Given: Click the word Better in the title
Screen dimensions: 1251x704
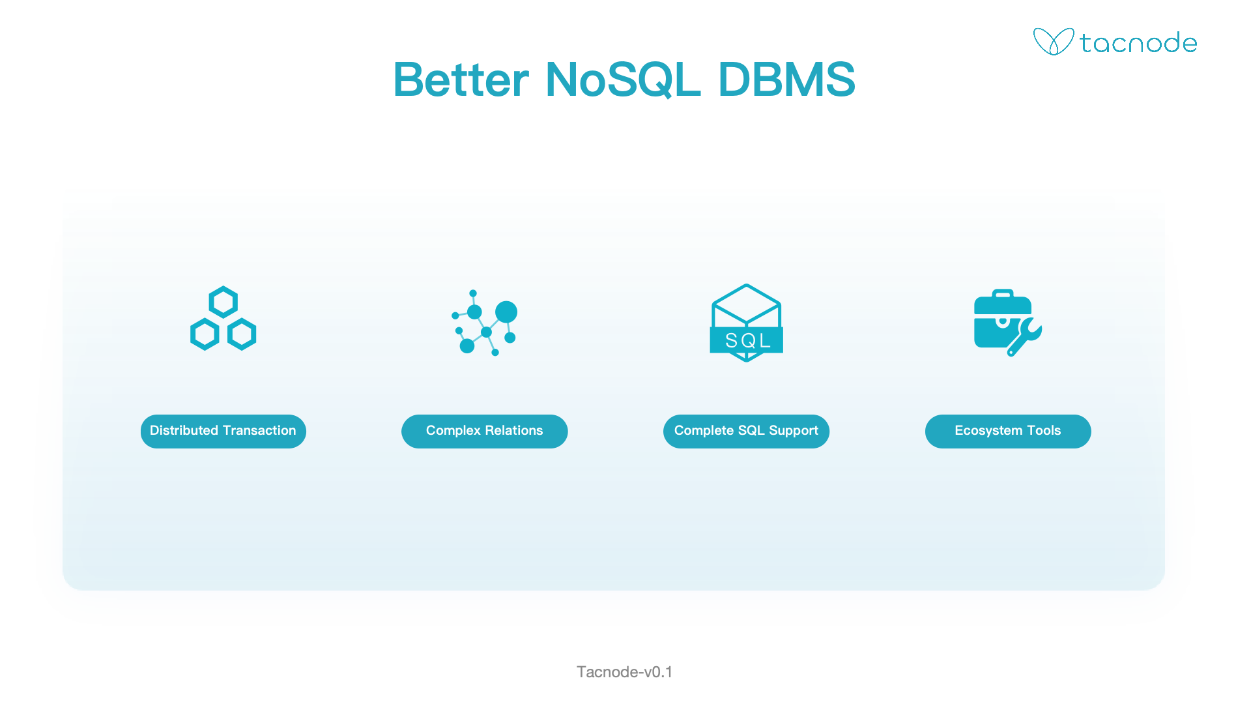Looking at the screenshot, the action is point(461,80).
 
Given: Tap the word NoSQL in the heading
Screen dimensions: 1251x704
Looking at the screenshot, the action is point(623,80).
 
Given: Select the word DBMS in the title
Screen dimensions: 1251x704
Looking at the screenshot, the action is point(786,80).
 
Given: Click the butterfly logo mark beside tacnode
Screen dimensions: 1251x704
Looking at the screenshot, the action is point(1053,42).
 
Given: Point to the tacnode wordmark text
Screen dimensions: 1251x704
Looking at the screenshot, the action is point(1138,43).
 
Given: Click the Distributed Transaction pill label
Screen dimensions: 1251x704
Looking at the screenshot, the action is point(223,431).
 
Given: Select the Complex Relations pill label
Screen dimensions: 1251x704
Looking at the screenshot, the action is point(484,431).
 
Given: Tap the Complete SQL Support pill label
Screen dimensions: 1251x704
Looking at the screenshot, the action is point(746,431).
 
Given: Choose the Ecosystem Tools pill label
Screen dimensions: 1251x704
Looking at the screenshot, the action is point(1008,431).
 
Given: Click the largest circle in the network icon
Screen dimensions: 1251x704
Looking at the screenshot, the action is point(506,312).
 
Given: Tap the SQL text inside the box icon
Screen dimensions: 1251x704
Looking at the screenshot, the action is point(747,340).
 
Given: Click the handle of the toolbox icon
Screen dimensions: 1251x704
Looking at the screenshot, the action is point(1003,293).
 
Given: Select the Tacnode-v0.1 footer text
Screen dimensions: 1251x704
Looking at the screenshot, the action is point(624,672).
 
